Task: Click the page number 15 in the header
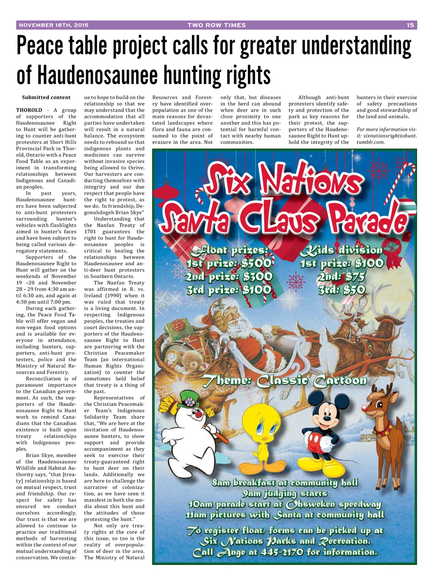coord(410,25)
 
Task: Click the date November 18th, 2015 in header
coord(54,25)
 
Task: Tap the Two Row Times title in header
coord(217,25)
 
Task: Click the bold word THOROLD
coord(29,110)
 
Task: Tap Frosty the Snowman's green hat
coord(189,399)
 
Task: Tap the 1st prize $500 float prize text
coord(229,264)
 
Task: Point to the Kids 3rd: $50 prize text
coord(342,290)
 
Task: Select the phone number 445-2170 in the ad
coord(276,552)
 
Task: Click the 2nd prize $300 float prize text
coord(229,277)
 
